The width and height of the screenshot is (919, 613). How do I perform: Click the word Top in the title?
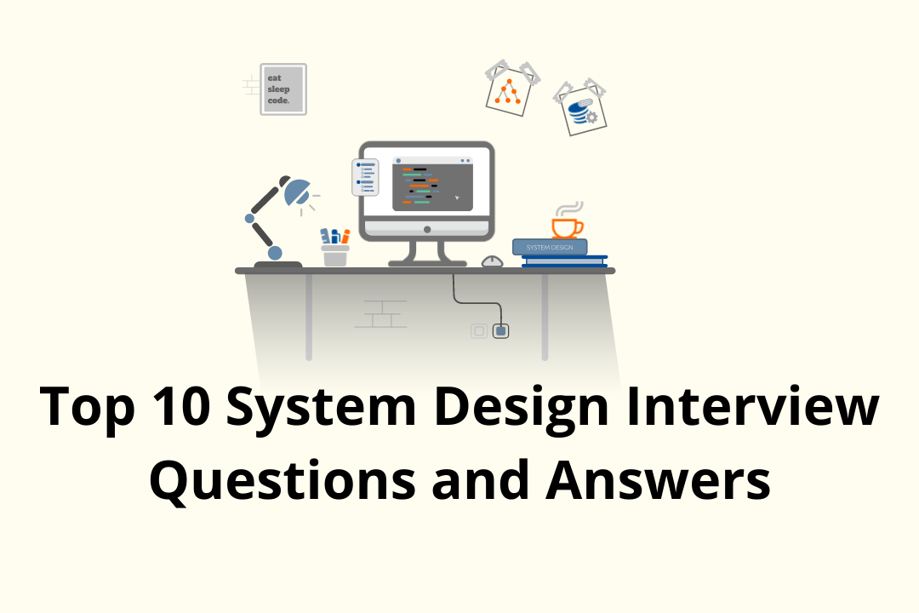click(88, 407)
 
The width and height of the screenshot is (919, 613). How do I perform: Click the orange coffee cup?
click(566, 227)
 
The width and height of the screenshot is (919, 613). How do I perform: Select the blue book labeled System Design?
click(550, 247)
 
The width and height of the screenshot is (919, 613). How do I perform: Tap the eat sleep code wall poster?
click(283, 89)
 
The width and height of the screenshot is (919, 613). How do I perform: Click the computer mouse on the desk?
click(492, 261)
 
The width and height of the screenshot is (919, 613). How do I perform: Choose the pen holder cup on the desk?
click(335, 255)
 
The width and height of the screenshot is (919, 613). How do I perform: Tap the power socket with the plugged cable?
click(501, 329)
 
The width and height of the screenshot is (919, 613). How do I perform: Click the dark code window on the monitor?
click(431, 184)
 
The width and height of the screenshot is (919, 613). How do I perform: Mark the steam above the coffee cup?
click(568, 208)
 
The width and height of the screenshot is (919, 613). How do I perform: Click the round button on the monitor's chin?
click(426, 229)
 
